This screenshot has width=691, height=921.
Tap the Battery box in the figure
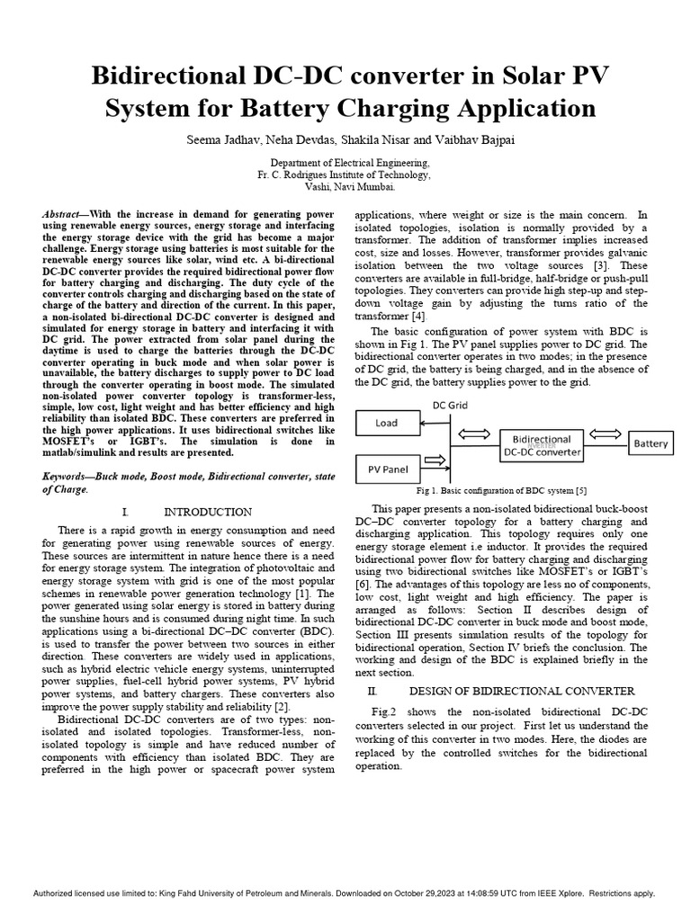coord(651,443)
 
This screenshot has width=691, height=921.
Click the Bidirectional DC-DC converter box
coord(541,444)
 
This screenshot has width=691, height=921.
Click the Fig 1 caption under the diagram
coord(501,492)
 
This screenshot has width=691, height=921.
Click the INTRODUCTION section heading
coord(203,512)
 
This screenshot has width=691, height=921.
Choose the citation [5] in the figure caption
coord(582,492)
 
